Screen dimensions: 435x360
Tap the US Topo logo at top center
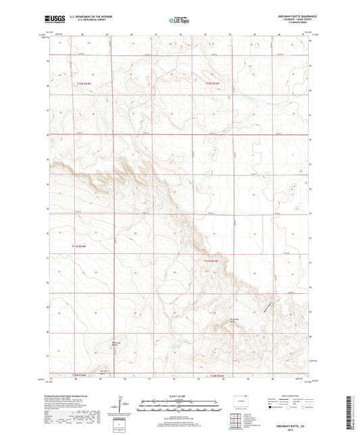click(x=180, y=21)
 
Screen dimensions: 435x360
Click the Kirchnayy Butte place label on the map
click(x=235, y=320)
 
